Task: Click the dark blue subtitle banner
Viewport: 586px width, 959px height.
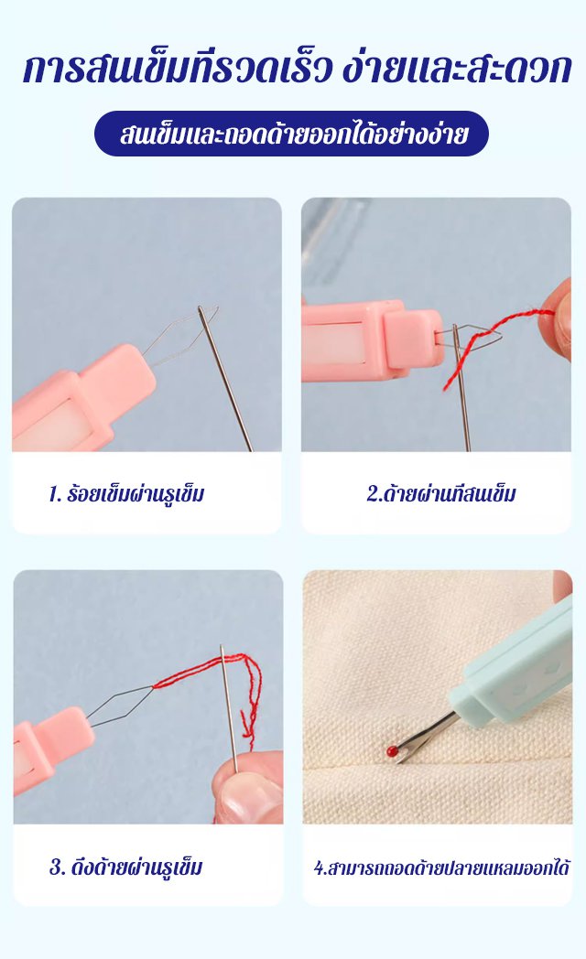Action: [292, 134]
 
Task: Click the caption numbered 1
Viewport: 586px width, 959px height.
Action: [126, 493]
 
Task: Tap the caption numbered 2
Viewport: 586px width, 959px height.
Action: [441, 493]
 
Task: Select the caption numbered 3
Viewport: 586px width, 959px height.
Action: [126, 867]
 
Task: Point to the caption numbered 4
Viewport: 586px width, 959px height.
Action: [441, 867]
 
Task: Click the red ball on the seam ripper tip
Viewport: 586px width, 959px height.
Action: [390, 749]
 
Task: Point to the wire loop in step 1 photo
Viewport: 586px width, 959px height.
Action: [178, 337]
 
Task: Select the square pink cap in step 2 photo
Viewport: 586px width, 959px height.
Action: [412, 339]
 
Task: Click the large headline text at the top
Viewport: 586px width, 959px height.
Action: [297, 69]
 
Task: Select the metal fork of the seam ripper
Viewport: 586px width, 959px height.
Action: [422, 731]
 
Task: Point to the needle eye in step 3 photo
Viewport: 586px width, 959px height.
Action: [222, 653]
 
